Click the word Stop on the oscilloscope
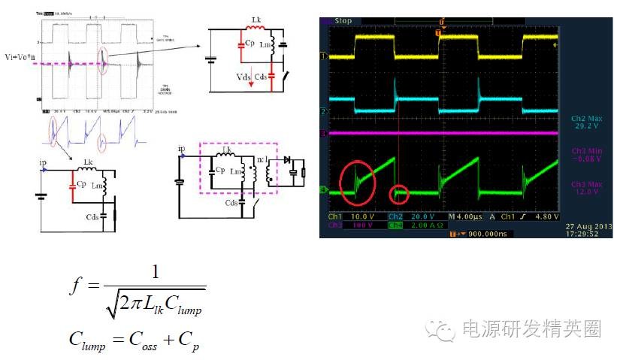coord(343,21)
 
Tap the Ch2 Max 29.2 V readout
coord(582,123)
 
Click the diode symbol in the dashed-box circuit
coord(286,159)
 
